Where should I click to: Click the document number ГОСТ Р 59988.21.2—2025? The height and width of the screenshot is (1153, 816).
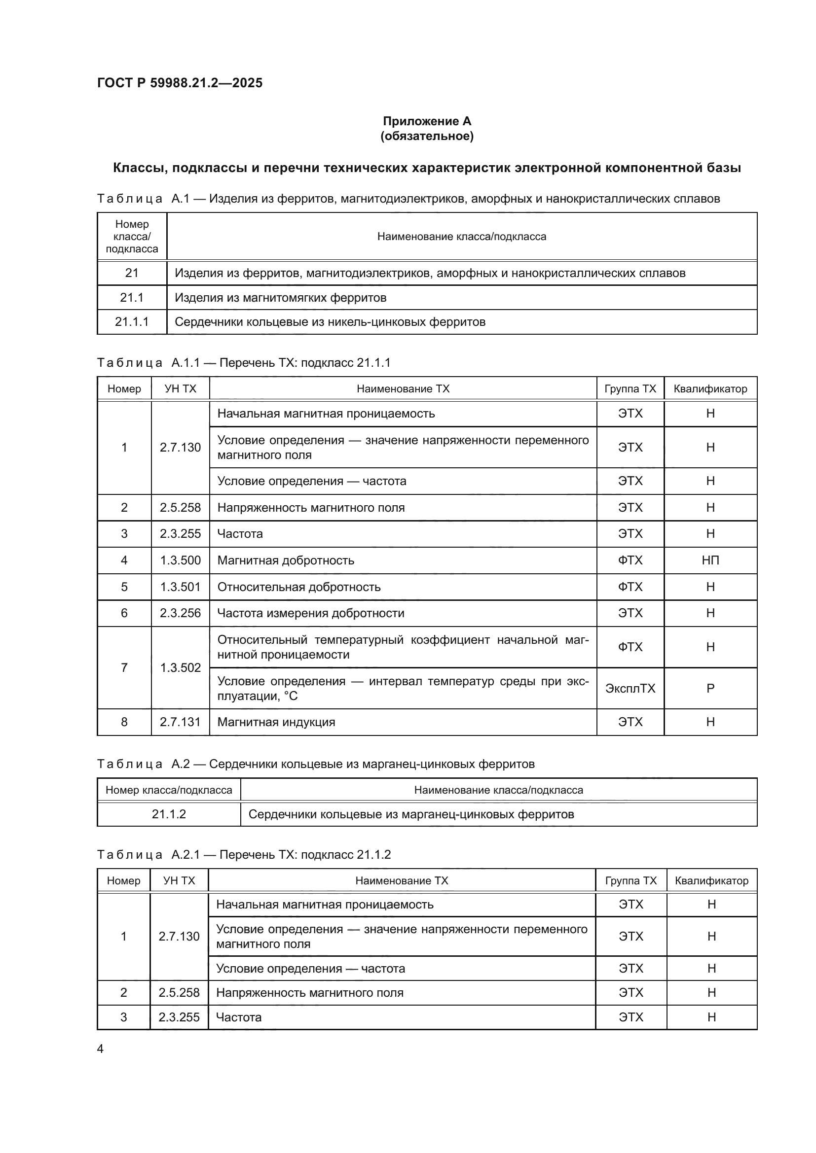point(180,83)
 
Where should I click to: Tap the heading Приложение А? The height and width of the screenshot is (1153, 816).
point(427,121)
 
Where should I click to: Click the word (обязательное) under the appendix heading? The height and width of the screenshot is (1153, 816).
point(427,136)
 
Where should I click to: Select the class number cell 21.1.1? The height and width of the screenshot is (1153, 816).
point(132,322)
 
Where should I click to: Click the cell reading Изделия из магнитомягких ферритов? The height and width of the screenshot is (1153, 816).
point(280,298)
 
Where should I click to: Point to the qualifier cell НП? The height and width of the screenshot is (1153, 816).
point(710,560)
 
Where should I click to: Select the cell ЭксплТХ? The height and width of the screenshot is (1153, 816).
point(630,689)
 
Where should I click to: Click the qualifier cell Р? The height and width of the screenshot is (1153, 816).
point(710,689)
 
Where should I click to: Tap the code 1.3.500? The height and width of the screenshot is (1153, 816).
point(180,560)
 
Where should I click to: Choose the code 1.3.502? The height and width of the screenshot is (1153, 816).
point(180,668)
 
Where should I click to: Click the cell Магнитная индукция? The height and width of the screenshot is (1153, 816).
point(276,722)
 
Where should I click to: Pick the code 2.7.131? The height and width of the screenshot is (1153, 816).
point(180,722)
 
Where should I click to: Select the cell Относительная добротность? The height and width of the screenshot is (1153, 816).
point(298,587)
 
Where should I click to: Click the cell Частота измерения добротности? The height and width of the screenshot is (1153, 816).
point(310,613)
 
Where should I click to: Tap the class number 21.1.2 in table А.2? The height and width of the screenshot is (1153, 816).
point(169,814)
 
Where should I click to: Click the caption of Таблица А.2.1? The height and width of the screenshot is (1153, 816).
point(244,855)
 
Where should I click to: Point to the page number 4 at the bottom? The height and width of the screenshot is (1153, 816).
point(100,1048)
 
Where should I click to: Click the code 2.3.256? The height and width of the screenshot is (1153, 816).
point(180,613)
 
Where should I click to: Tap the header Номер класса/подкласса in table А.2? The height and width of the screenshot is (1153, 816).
point(169,790)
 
